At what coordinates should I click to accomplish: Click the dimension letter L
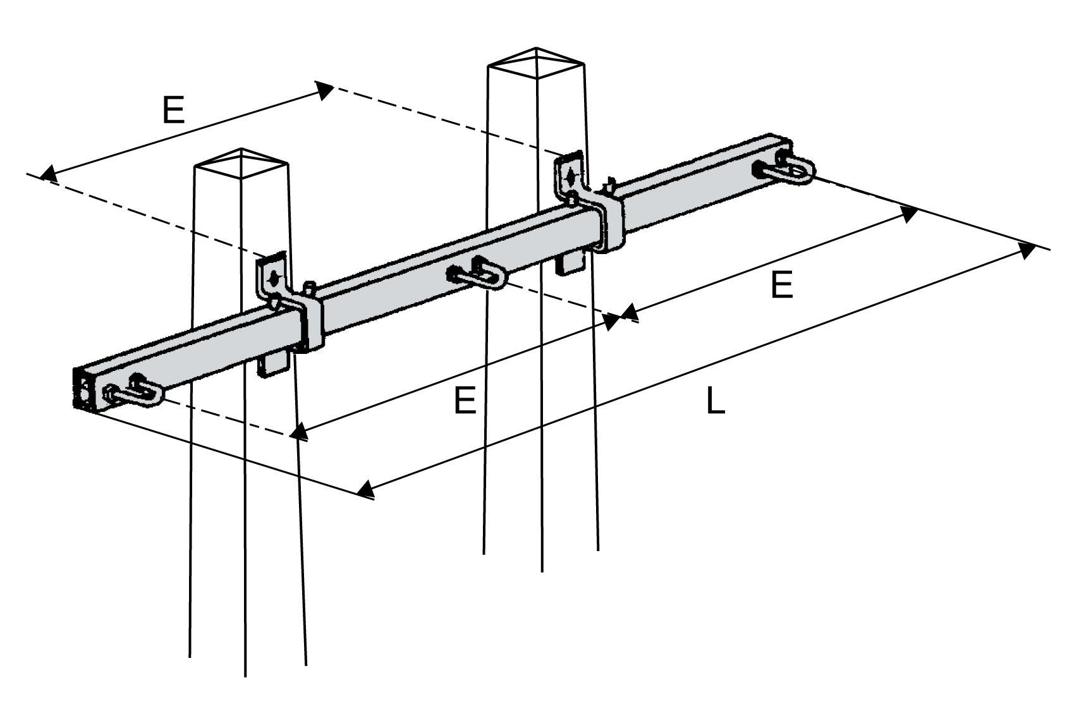[715, 402]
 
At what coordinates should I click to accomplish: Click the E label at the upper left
[173, 110]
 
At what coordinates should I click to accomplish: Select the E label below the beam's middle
[465, 401]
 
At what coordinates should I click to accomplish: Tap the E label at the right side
[782, 285]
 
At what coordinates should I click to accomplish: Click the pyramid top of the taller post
[536, 62]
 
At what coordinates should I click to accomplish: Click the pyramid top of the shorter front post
[241, 162]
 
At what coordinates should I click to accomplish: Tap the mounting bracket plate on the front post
[273, 277]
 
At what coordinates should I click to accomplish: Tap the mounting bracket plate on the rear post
[570, 173]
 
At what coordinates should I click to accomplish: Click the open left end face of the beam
[84, 390]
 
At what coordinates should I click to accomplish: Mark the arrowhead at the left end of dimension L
[364, 489]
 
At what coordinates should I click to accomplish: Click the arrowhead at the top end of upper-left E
[325, 90]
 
